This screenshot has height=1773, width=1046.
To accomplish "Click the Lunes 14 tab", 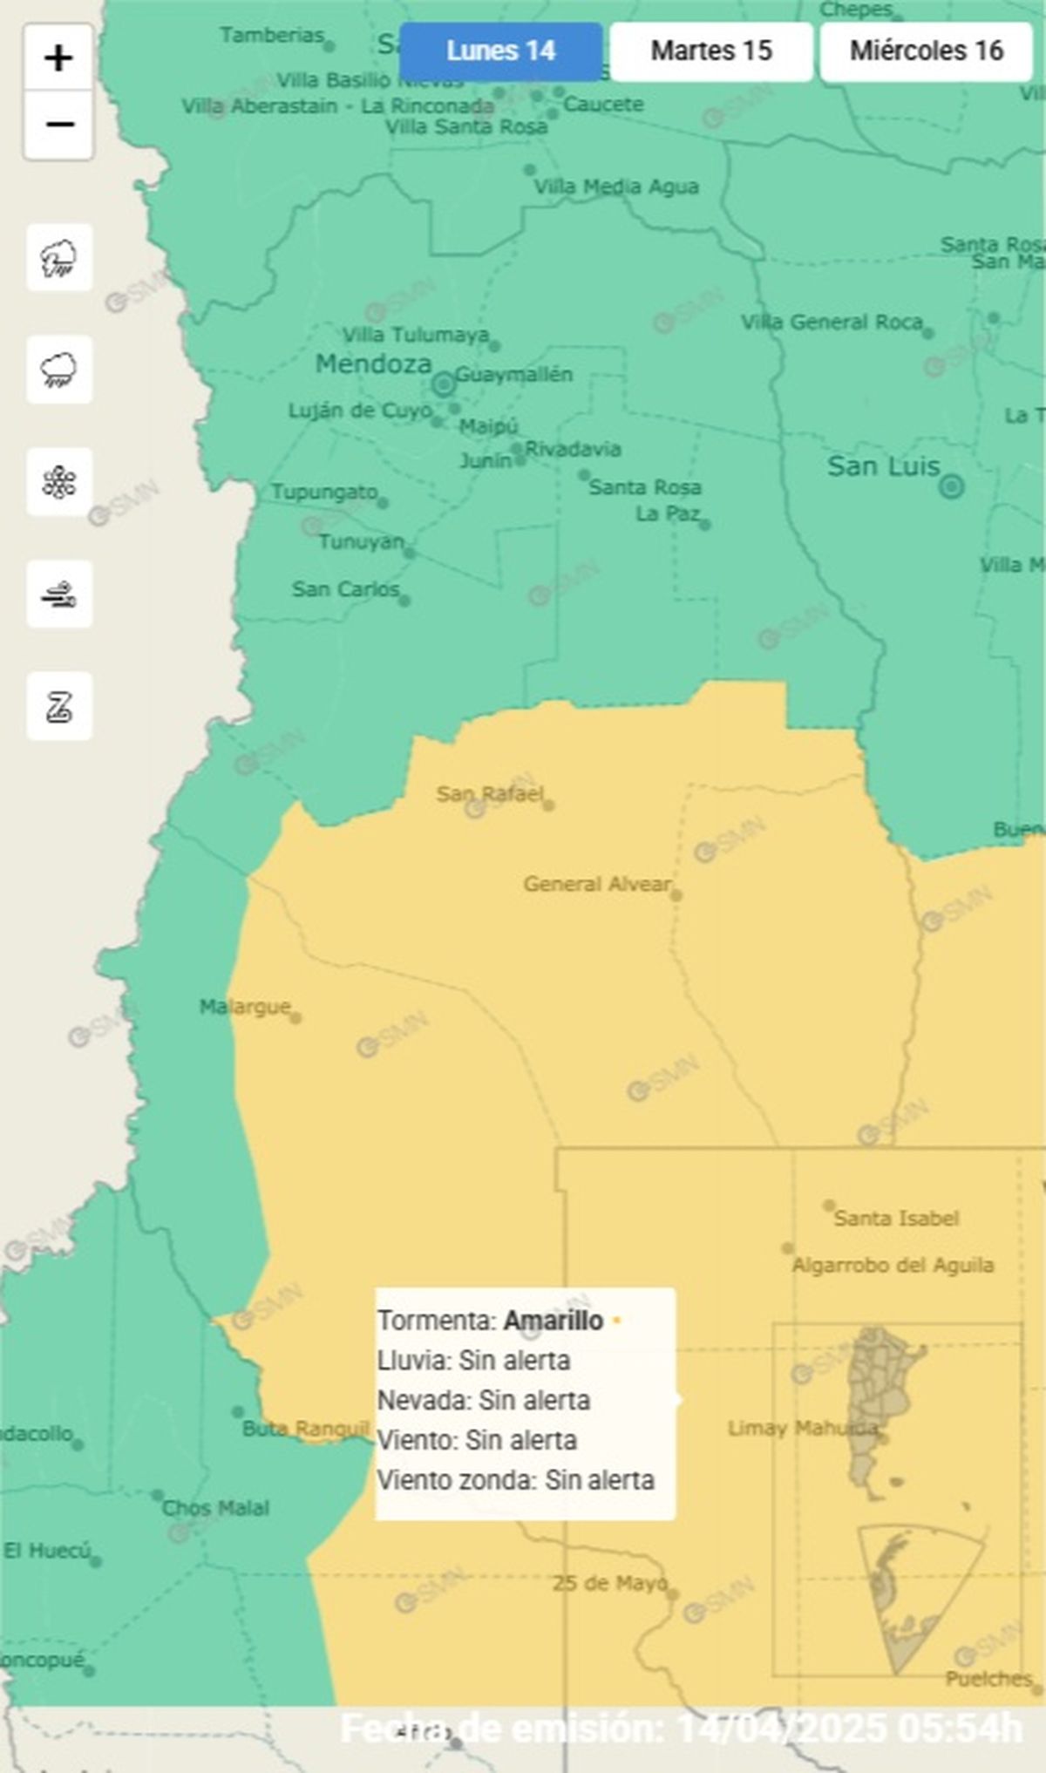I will point(500,51).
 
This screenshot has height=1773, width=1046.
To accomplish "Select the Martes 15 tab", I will point(711,51).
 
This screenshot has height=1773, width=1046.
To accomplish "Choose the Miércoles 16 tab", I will point(926,51).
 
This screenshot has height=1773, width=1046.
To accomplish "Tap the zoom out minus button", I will point(58,126).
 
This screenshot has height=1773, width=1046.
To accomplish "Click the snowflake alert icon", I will point(58,482).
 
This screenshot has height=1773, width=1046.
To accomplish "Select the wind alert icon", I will point(58,594).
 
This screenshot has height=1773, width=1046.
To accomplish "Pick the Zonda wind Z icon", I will point(58,706).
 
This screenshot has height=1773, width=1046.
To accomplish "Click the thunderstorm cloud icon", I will point(58,258).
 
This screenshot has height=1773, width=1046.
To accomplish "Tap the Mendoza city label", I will point(373,364).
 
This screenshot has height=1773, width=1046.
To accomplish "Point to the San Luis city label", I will point(883,467).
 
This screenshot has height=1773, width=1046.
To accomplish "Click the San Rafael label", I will point(489,793).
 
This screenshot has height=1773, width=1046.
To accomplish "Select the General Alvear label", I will point(597,884).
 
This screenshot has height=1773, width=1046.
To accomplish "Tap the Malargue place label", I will point(244,1007).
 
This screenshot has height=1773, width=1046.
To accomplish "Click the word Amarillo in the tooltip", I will point(553,1321).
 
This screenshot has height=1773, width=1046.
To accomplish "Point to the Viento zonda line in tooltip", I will point(515,1480).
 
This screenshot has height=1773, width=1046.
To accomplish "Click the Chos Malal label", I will point(215,1508).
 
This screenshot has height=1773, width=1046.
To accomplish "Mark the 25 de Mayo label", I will point(609,1583).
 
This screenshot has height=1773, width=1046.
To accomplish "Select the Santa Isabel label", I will point(895,1218).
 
